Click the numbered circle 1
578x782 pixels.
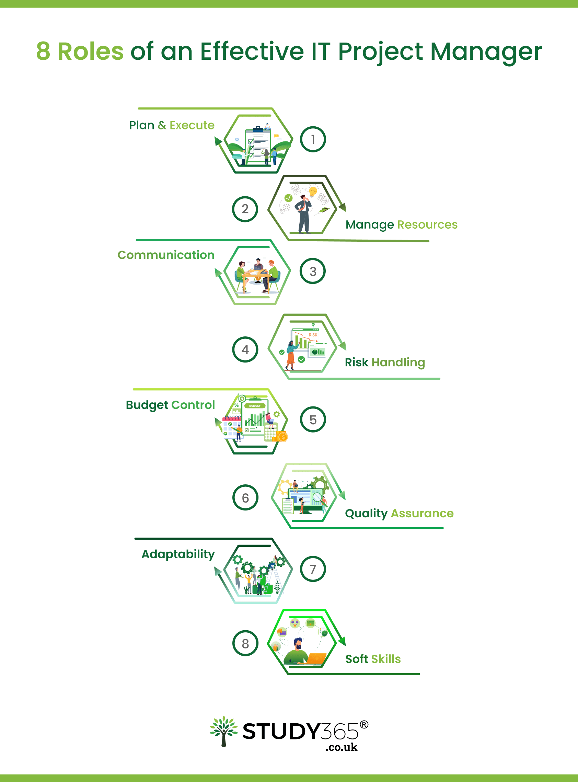[313, 139]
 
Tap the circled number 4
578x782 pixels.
[245, 349]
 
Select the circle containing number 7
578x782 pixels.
[313, 569]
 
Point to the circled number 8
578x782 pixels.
[245, 643]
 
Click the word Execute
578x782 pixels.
[192, 125]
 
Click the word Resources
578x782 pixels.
[427, 225]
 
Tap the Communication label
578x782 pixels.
[166, 255]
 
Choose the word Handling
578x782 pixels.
[398, 363]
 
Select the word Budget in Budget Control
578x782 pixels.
[147, 405]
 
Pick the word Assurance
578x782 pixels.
[422, 513]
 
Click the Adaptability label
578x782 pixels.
[178, 554]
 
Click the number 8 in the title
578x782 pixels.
[43, 51]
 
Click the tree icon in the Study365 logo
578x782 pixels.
[223, 731]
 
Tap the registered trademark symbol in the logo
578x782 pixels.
[364, 724]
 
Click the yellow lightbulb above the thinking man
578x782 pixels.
[313, 192]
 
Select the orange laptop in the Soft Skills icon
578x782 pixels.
[317, 658]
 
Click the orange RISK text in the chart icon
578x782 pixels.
[313, 335]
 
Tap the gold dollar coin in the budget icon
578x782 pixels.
[283, 437]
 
